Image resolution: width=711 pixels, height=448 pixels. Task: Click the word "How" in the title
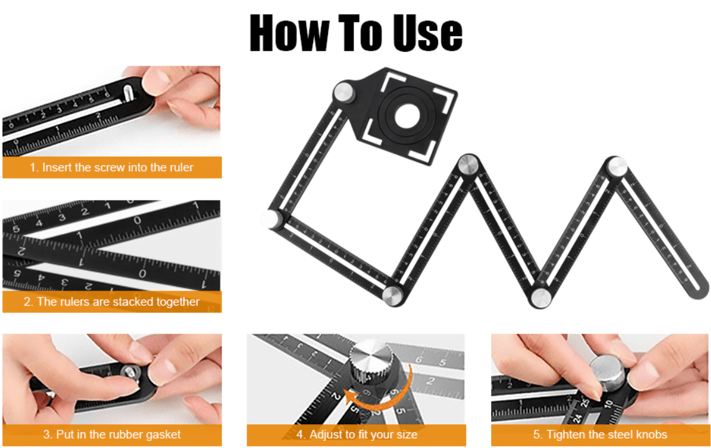coord(289,32)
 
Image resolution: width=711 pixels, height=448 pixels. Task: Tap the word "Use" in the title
coord(427,32)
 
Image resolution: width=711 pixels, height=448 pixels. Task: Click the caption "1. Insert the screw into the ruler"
coord(112,167)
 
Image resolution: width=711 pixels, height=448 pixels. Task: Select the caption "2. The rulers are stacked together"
coord(112,302)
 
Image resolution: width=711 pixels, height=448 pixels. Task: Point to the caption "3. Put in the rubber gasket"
coord(112,434)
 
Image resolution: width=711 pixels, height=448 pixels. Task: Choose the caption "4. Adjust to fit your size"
coord(356,434)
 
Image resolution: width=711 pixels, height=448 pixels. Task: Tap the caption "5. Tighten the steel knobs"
coord(600,434)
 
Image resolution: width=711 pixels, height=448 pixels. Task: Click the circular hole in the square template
coord(408,115)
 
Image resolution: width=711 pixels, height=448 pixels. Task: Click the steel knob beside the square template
coord(344,92)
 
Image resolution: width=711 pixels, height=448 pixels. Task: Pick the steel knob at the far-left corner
coord(272,219)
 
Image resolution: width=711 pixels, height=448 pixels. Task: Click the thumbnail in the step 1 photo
coord(156,81)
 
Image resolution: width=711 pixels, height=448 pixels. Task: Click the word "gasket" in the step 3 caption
coord(164,434)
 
